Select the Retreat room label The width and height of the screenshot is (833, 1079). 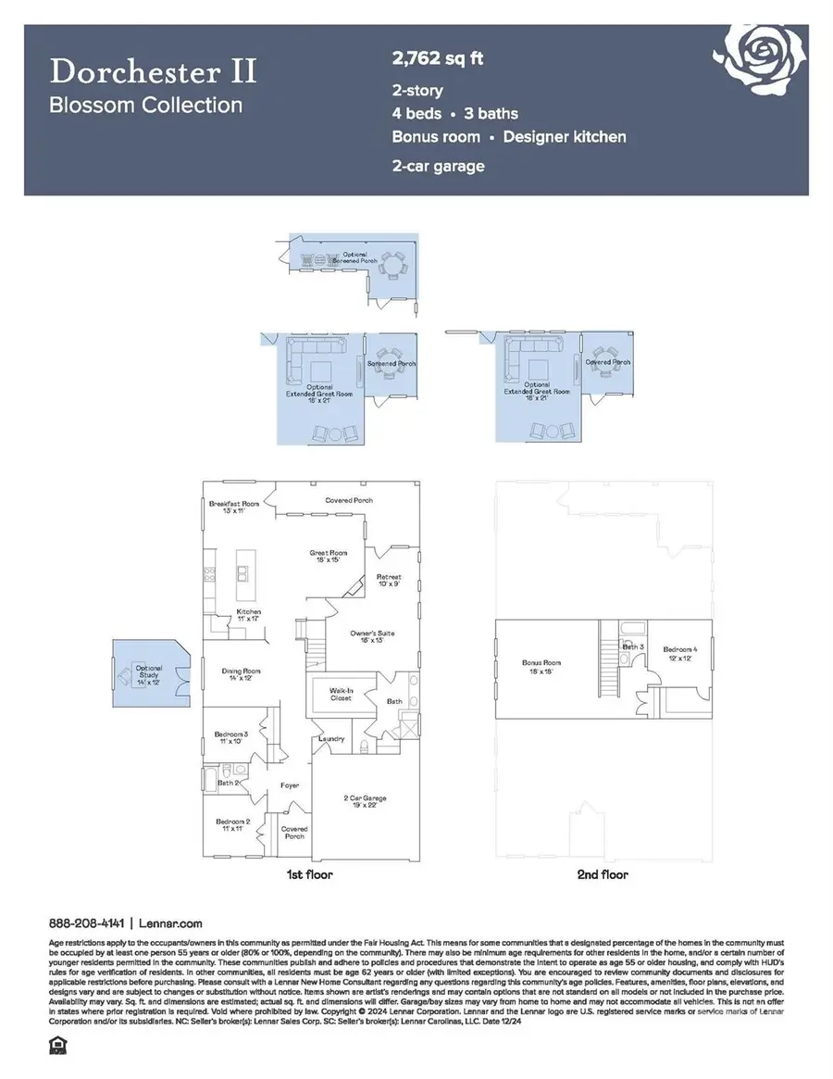tap(389, 581)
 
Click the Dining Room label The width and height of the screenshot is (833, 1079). tap(241, 675)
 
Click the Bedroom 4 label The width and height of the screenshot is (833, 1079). tap(680, 654)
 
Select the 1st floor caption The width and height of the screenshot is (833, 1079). tap(310, 874)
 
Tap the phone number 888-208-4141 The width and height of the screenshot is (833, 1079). tap(87, 923)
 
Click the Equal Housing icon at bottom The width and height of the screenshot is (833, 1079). tap(57, 1048)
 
